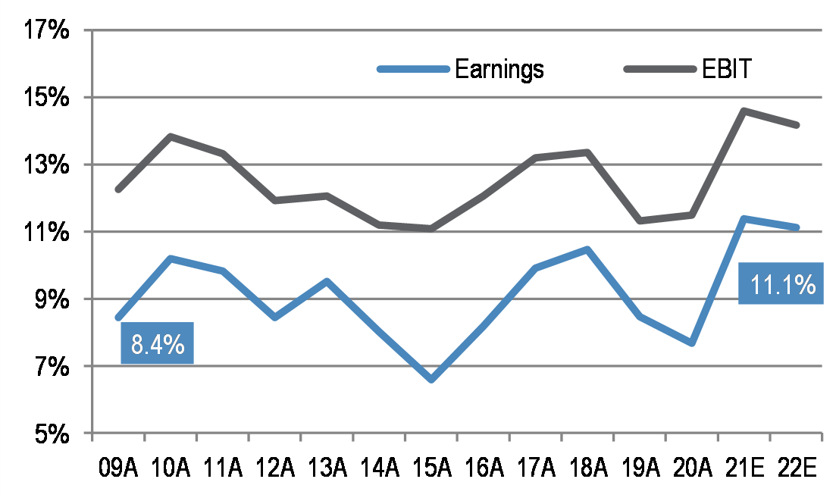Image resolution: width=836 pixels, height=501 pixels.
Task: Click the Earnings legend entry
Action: point(499,69)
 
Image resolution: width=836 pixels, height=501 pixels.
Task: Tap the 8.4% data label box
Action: point(157,344)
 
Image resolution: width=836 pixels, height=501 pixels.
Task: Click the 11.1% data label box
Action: point(781,284)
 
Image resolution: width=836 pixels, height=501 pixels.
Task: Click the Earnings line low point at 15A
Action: point(431,379)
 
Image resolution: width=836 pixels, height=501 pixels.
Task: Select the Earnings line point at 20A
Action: point(692,343)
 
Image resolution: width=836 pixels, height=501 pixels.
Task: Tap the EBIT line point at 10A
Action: point(171,136)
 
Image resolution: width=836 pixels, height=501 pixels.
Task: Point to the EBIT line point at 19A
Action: point(640,221)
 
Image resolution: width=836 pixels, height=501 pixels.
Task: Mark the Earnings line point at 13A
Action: point(327,281)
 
